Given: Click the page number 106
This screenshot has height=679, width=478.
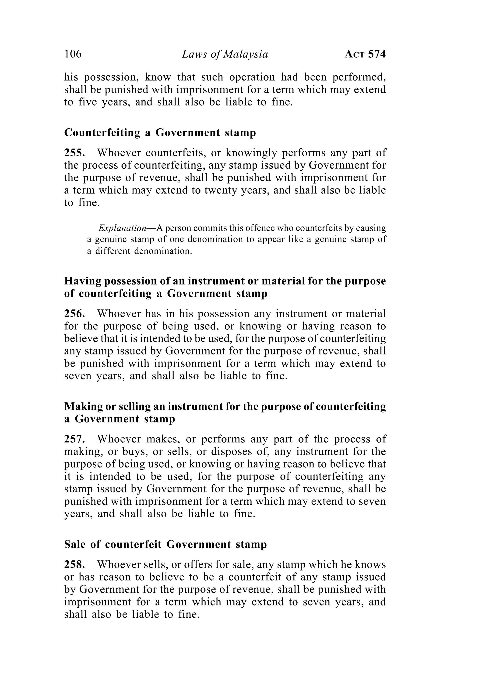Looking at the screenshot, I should (73, 54).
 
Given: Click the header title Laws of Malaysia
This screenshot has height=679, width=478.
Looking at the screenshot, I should (225, 54).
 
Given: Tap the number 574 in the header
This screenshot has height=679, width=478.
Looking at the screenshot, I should (377, 54).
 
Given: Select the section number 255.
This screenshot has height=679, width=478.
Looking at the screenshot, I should (74, 153).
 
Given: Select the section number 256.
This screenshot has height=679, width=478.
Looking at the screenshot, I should (74, 313).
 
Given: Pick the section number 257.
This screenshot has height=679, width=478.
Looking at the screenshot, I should (74, 439).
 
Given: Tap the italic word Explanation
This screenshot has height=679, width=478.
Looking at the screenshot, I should (122, 228).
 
